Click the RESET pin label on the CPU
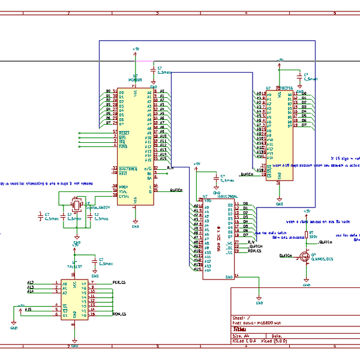click(x=124, y=132)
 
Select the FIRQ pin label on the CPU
click(x=123, y=146)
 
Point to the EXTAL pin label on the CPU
click(x=124, y=196)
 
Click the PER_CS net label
click(x=118, y=282)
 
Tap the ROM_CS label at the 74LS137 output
click(x=119, y=314)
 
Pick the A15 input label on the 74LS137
click(x=28, y=310)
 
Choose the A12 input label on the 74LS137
click(x=31, y=282)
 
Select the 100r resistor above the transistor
click(x=307, y=235)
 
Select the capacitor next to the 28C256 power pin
click(x=299, y=77)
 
